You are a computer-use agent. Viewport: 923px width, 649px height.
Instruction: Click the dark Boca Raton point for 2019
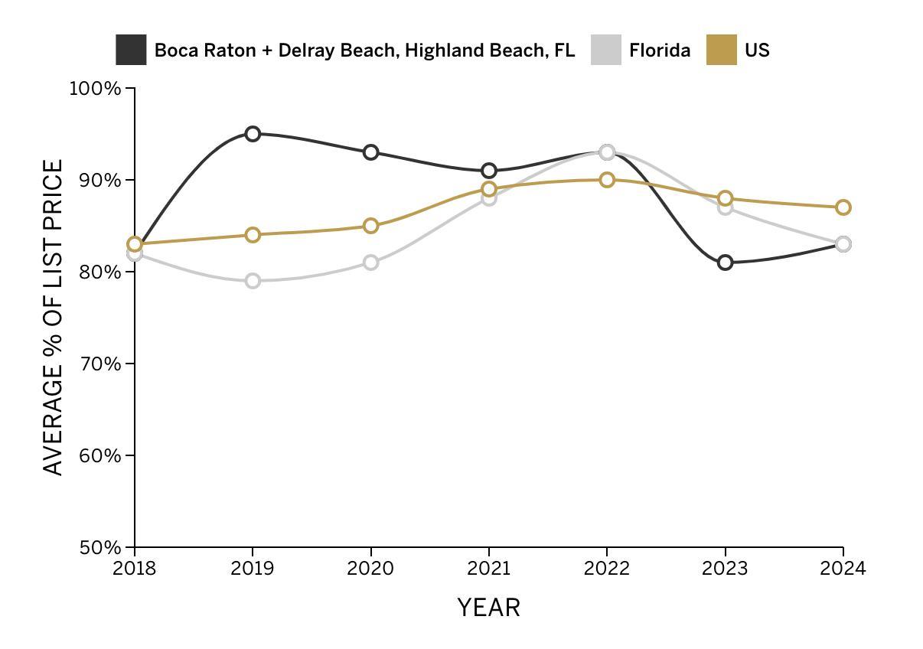tap(253, 134)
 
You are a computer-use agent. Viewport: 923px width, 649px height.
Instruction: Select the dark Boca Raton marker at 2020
tap(371, 152)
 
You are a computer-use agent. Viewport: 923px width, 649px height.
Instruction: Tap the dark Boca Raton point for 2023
tap(726, 263)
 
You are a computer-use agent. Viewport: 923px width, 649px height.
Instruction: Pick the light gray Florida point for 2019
tap(253, 281)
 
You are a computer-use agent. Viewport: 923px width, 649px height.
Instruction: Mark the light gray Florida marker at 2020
tap(371, 263)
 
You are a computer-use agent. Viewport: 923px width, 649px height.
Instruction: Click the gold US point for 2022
tap(607, 180)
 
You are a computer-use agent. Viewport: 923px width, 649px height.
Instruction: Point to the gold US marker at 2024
tap(843, 207)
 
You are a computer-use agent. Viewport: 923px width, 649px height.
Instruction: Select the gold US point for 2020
tap(371, 226)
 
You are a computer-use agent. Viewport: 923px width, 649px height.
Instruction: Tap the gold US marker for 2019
tap(253, 235)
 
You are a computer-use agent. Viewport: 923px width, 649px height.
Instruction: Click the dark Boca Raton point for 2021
tap(489, 171)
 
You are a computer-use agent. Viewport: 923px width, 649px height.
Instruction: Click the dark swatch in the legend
tap(131, 50)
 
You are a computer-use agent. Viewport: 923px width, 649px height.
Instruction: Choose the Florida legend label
tap(660, 51)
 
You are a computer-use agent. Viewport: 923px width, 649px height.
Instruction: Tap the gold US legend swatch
tap(721, 50)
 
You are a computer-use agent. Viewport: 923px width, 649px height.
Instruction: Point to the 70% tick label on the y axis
tap(100, 364)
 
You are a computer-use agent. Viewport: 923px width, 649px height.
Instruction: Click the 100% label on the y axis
tap(96, 89)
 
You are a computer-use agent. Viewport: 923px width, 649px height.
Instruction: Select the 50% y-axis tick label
tap(100, 548)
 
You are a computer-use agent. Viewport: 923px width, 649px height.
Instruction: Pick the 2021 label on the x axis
tap(489, 569)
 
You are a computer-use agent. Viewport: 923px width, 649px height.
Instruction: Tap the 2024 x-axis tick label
tap(843, 569)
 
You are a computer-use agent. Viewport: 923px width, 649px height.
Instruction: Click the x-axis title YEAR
tap(489, 608)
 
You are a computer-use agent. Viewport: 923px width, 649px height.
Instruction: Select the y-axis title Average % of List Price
tap(53, 317)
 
